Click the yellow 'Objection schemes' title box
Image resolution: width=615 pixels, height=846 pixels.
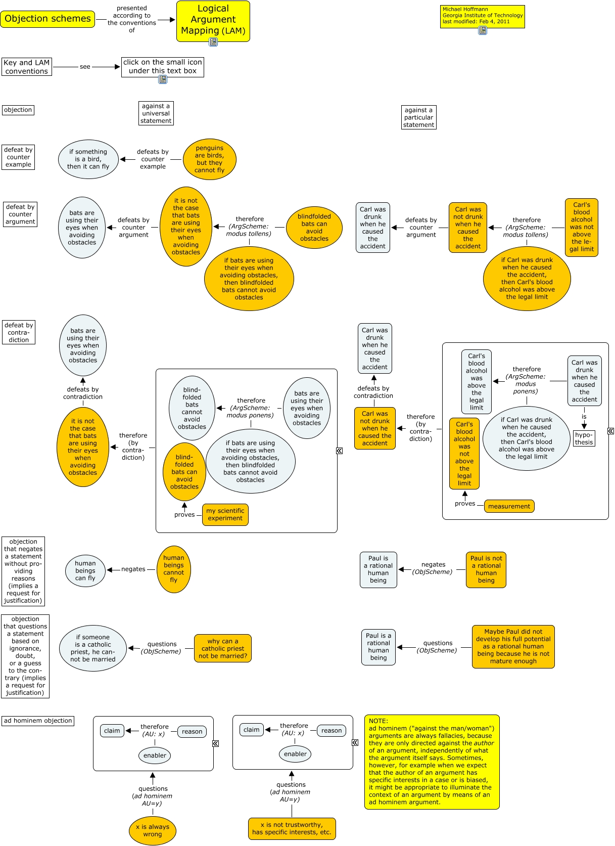pos(48,19)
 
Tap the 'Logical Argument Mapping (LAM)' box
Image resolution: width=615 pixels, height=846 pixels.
pos(213,20)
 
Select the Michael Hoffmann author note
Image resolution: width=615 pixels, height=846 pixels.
pos(482,16)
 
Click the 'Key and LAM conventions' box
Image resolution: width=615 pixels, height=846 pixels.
pos(26,67)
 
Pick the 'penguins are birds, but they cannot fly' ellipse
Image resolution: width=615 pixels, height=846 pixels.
pos(209,159)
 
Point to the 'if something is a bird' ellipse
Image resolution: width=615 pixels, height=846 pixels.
pos(88,159)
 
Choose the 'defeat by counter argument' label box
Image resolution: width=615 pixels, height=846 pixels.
pos(20,214)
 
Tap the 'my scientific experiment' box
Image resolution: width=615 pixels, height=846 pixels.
pos(225,514)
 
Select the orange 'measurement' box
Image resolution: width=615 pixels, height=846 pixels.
pos(509,506)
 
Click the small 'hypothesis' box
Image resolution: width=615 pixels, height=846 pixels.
pos(584,438)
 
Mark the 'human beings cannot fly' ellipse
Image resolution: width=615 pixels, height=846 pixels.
pos(174,569)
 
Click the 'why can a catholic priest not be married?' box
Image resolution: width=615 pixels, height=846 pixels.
pos(223,648)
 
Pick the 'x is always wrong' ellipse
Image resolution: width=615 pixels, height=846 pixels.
pos(152,830)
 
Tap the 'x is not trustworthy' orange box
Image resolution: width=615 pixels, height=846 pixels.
pos(292,828)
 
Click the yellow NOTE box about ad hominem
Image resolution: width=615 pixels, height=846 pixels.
pos(432,762)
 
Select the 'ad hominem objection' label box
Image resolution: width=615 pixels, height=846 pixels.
pos(38,721)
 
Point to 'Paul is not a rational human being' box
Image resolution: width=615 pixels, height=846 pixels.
pos(486,569)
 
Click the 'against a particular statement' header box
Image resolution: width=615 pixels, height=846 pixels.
pos(418,117)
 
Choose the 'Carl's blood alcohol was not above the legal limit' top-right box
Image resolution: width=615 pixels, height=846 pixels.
pos(581,227)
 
